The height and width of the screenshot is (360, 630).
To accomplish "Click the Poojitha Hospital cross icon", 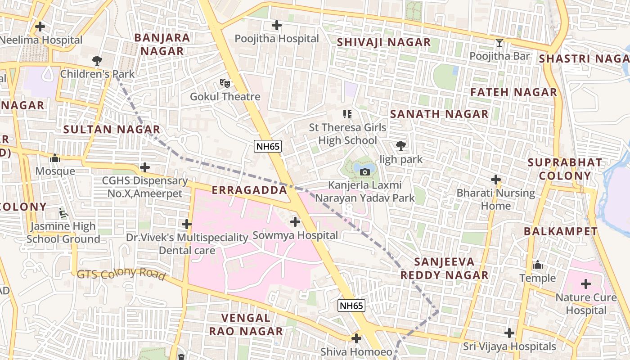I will click(x=277, y=26).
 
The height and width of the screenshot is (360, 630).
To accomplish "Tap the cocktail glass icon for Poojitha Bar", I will click(x=499, y=43).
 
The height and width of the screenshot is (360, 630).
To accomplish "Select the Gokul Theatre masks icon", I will click(x=225, y=83).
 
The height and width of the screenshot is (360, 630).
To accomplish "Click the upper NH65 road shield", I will click(x=268, y=146).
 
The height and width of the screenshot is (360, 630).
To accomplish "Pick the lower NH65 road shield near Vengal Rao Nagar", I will click(x=351, y=306).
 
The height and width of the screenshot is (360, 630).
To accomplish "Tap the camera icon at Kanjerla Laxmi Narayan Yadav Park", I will click(x=365, y=172).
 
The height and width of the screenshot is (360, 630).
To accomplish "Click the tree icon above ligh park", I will click(x=400, y=145).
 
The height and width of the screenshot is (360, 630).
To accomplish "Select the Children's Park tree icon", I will click(x=97, y=60).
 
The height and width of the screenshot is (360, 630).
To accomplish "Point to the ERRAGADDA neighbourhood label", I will click(x=249, y=190).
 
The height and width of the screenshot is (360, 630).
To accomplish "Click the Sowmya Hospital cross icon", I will click(x=295, y=222).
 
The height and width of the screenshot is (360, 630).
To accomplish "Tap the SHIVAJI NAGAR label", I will click(x=384, y=42).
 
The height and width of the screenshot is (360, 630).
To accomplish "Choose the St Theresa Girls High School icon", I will click(x=347, y=114).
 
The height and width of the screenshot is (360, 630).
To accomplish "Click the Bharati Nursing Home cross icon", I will click(x=496, y=180).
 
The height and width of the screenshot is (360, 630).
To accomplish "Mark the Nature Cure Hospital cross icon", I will click(x=585, y=284).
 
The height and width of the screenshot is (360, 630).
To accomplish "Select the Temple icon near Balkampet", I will click(x=537, y=265).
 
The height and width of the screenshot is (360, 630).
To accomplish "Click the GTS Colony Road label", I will click(x=121, y=274).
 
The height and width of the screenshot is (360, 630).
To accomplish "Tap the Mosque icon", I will click(x=55, y=158).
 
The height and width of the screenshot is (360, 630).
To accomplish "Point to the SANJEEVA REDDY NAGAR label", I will click(x=444, y=269).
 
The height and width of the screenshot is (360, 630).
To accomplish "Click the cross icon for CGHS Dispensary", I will click(x=144, y=167).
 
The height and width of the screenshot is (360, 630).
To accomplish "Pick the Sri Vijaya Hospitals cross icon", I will click(x=509, y=333).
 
